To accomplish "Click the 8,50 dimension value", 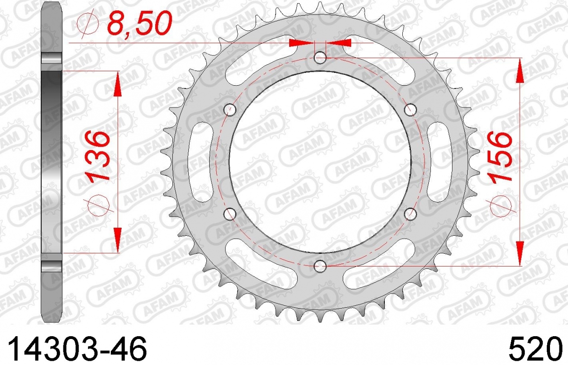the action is click(x=140, y=23).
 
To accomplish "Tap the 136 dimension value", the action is click(x=97, y=156).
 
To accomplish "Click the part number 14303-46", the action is click(x=78, y=350).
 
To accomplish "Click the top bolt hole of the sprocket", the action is click(x=320, y=58).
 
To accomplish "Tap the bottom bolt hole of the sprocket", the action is click(x=320, y=266).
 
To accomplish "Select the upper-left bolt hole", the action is click(x=230, y=109).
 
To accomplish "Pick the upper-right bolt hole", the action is click(x=410, y=109).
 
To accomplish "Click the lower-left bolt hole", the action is click(x=230, y=214).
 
